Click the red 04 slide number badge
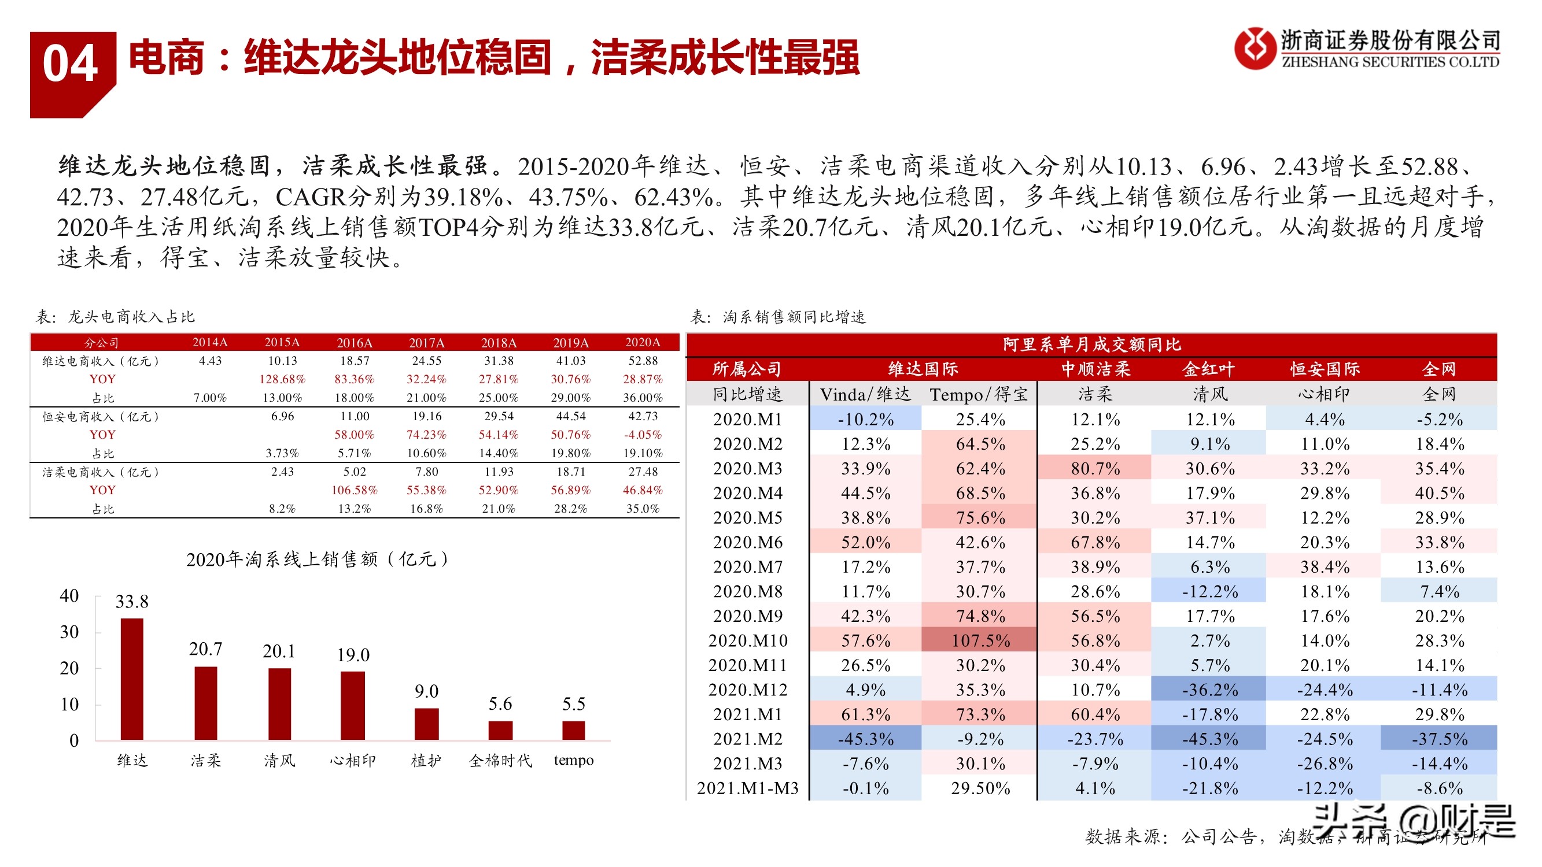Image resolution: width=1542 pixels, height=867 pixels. point(71,66)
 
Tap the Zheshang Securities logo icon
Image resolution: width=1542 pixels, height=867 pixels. point(1254,48)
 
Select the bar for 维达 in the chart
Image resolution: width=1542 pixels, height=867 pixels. point(132,679)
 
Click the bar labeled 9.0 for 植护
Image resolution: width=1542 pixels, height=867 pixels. point(426,724)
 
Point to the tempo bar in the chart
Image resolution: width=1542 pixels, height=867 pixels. point(573,731)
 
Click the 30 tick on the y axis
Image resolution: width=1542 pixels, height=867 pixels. point(69,632)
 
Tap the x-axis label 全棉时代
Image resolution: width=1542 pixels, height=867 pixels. point(500,761)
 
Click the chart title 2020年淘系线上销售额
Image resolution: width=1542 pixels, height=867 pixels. point(318,559)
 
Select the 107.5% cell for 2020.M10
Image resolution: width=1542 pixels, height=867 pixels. point(980,640)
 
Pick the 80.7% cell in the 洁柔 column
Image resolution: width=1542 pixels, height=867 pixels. point(1095,468)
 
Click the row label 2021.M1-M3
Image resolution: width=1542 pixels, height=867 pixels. point(748,788)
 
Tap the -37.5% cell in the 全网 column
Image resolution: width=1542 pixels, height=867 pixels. point(1439,739)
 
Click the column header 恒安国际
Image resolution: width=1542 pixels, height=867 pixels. point(1325,369)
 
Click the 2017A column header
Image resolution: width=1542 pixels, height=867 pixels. point(426,343)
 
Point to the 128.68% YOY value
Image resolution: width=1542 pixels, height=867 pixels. point(282,379)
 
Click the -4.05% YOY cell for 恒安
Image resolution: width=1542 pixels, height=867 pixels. point(642,435)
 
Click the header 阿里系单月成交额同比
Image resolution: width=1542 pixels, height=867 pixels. point(1091,344)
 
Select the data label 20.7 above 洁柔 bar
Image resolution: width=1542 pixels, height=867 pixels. point(205,649)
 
